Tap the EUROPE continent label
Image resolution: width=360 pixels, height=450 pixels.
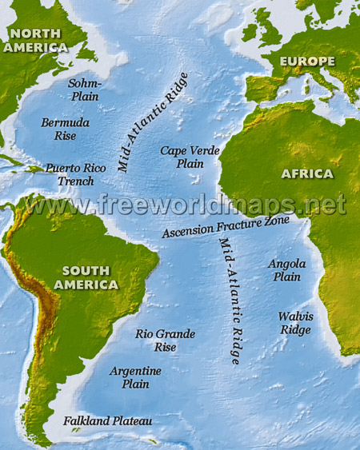[306, 62]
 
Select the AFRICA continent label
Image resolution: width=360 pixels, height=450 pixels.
[306, 173]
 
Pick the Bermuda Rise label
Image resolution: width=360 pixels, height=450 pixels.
[65, 129]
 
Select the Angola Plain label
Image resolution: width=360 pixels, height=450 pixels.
[286, 270]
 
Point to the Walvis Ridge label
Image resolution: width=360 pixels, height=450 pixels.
[295, 322]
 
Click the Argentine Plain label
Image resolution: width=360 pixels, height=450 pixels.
[135, 377]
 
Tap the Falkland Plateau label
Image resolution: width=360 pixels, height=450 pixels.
[108, 420]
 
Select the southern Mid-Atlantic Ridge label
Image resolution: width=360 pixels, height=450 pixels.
[230, 301]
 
